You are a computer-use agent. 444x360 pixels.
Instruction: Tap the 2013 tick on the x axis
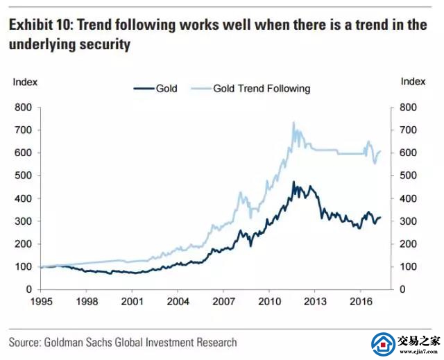(314, 302)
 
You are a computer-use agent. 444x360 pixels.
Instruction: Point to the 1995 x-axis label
(42, 302)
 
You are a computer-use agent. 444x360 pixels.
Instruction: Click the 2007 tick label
(223, 302)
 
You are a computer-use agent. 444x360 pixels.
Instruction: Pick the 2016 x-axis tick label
(359, 302)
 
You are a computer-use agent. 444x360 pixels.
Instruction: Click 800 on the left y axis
(24, 108)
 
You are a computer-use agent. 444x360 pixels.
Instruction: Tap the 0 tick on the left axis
(29, 289)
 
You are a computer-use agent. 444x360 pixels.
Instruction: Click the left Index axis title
(26, 82)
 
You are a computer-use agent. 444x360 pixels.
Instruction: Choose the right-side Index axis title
(413, 82)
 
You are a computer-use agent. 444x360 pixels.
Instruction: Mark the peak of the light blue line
(293, 123)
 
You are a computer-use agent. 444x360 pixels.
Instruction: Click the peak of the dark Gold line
(294, 182)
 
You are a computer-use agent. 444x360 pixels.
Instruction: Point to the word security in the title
(107, 44)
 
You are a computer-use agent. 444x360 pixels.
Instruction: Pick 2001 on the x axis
(133, 302)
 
